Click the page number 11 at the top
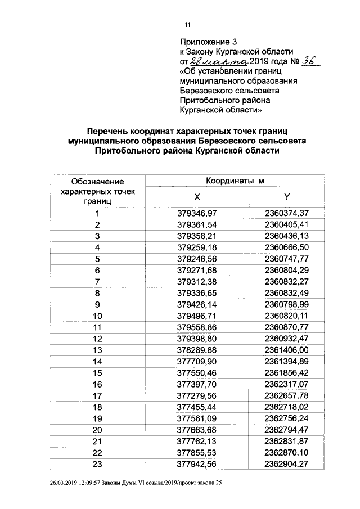coord(188,25)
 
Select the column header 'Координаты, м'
coord(235,181)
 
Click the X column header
coord(196,197)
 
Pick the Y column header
coord(287,197)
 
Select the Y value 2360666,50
coord(287,247)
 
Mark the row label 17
coord(97,396)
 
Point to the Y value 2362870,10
coord(287,453)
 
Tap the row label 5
coord(97,259)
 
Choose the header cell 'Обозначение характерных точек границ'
coord(97,191)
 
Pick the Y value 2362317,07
coord(287,384)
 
